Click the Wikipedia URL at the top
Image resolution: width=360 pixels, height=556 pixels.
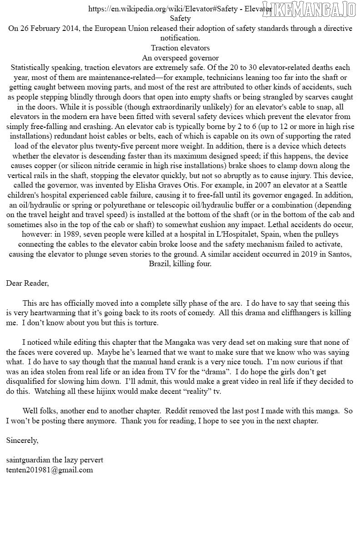[x=180, y=9]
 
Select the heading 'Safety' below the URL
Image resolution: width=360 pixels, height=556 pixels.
[x=180, y=19]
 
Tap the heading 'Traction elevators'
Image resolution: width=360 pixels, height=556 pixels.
[x=180, y=48]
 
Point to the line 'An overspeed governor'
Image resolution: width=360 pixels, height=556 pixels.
[x=180, y=58]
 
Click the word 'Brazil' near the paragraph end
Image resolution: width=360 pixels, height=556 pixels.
[x=160, y=264]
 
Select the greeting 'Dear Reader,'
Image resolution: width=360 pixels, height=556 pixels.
[x=27, y=283]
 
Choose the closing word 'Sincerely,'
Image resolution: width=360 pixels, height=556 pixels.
[x=22, y=441]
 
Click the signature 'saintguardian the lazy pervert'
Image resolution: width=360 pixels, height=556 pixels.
[x=55, y=460]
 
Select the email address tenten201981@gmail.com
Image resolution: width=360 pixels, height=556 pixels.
[x=50, y=470]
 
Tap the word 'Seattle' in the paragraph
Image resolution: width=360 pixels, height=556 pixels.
[x=335, y=185]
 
